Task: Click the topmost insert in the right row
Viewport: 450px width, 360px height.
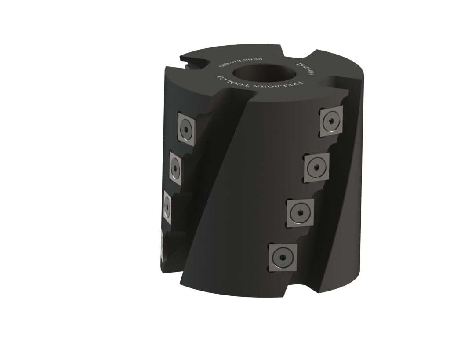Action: click(332, 120)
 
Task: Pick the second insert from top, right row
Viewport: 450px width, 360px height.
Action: click(317, 167)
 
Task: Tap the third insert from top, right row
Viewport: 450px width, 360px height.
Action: click(301, 213)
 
